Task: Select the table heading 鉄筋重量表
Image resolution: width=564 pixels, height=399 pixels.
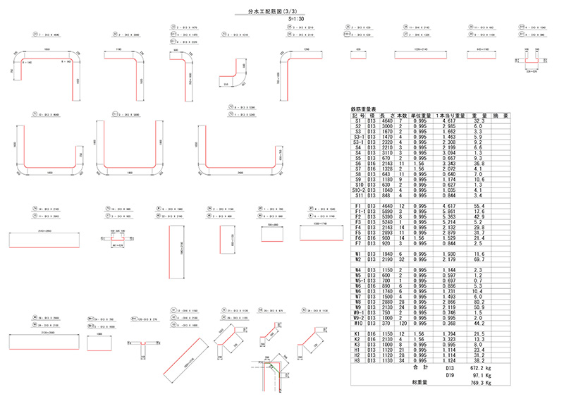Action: click(x=364, y=109)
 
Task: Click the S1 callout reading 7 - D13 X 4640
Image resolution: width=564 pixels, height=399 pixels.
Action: click(x=53, y=33)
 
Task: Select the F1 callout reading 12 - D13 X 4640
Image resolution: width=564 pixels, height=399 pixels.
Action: click(x=53, y=113)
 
